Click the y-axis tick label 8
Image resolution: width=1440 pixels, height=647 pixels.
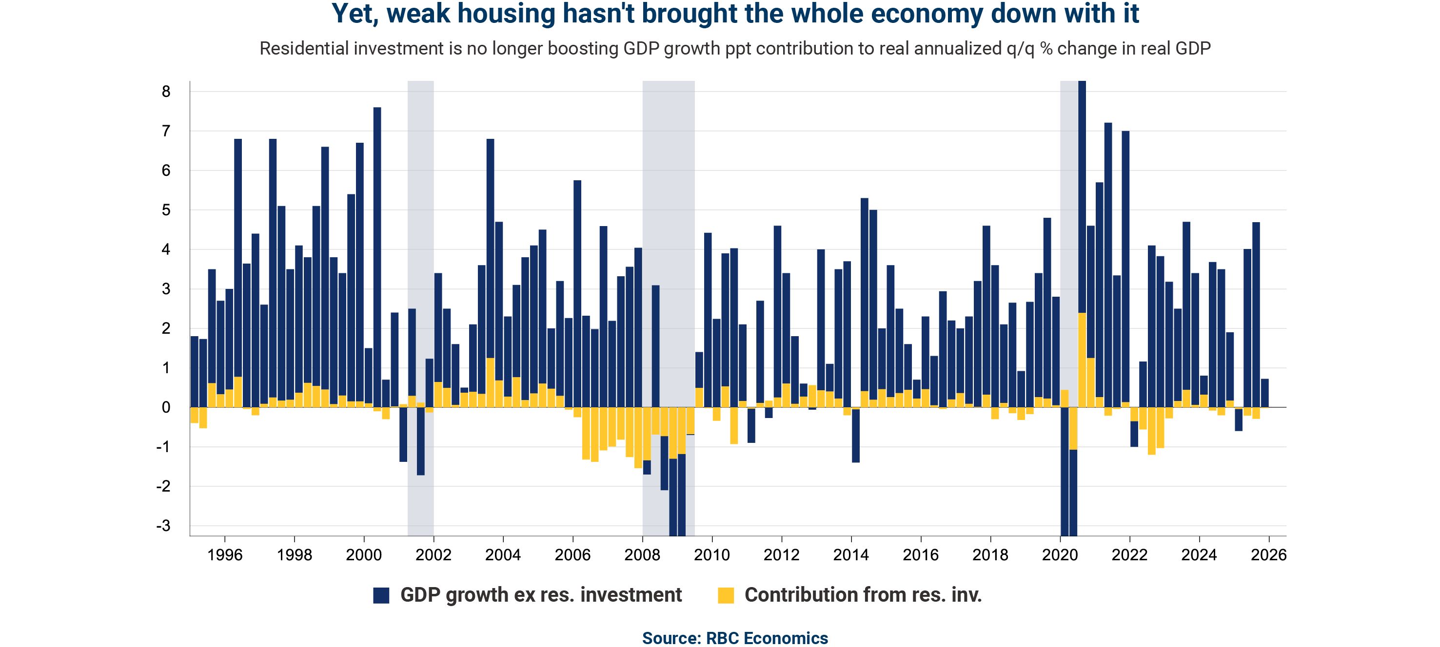[165, 92]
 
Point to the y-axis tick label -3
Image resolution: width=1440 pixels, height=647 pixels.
[163, 526]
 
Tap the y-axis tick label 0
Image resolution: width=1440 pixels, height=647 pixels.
[165, 407]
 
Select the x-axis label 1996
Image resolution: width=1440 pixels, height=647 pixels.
[225, 555]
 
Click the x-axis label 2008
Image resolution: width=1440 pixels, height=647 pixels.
[642, 555]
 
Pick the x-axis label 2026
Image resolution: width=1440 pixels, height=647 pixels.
[1268, 555]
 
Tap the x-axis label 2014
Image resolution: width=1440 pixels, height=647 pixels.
[851, 555]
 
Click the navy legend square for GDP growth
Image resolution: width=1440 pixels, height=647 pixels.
[381, 595]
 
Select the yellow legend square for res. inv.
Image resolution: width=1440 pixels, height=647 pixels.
[726, 595]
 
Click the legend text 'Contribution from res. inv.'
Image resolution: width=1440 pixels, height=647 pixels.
[863, 595]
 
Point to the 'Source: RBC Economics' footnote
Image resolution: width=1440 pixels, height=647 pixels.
[734, 638]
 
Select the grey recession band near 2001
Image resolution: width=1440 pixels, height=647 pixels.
[420, 224]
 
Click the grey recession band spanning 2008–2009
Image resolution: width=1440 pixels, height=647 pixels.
[668, 224]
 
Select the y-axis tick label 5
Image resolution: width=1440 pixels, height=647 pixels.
[165, 210]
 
